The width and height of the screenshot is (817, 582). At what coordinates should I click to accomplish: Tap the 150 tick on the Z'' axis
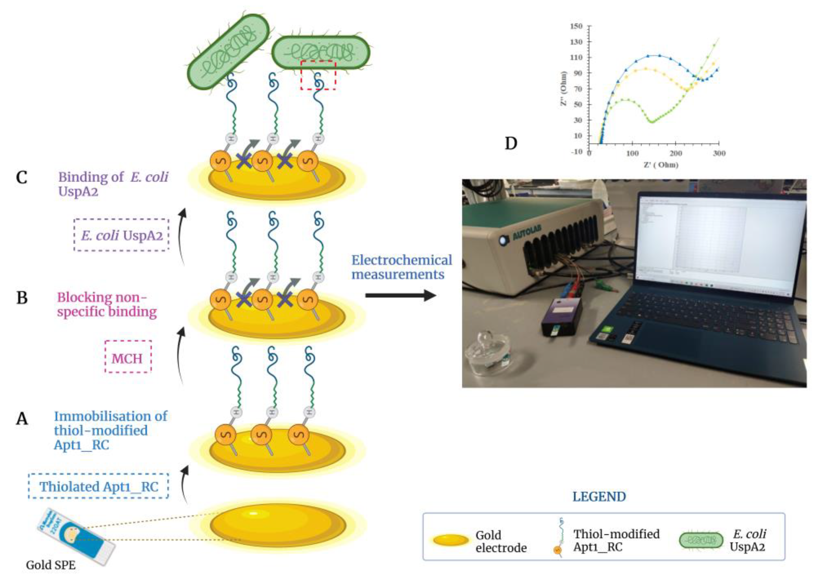pyautogui.click(x=576, y=26)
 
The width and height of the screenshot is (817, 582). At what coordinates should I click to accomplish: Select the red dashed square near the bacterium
pyautogui.click(x=318, y=75)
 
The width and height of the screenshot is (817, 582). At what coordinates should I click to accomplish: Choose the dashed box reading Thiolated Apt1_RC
pyautogui.click(x=98, y=486)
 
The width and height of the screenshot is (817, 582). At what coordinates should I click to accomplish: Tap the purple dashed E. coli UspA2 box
pyautogui.click(x=121, y=235)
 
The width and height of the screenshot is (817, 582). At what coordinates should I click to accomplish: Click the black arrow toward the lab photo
pyautogui.click(x=400, y=296)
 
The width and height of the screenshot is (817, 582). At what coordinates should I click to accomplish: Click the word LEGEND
pyautogui.click(x=599, y=497)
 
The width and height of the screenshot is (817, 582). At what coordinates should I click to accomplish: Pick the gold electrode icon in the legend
pyautogui.click(x=451, y=540)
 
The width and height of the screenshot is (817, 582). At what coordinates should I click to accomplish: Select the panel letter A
pyautogui.click(x=22, y=418)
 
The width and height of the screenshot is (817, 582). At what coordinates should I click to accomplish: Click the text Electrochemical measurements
pyautogui.click(x=401, y=267)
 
